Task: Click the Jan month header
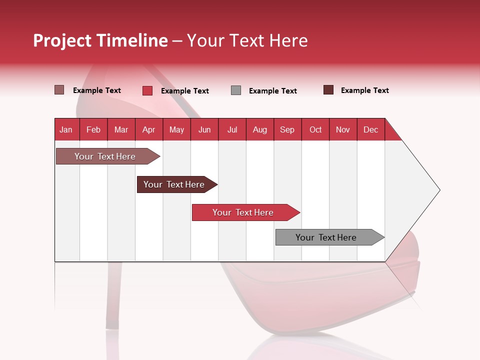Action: tap(66, 129)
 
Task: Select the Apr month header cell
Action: tap(149, 129)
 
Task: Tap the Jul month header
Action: tap(232, 129)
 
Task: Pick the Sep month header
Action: tap(287, 129)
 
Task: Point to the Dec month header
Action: tap(370, 129)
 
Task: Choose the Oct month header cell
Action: tap(315, 129)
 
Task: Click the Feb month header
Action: tap(93, 129)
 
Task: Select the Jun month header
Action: tap(204, 129)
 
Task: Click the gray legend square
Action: tap(236, 90)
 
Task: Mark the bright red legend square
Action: tap(147, 90)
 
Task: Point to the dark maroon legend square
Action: tap(328, 90)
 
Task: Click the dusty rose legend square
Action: tap(59, 90)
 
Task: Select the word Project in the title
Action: tap(62, 40)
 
